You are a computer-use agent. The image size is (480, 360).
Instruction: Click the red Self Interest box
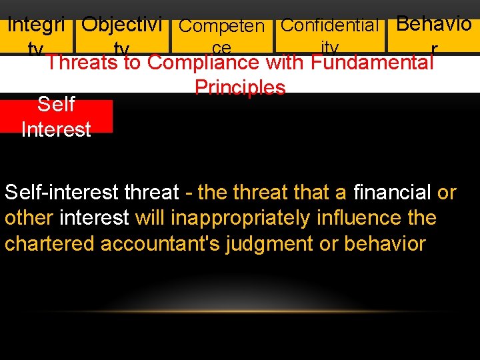point(56,116)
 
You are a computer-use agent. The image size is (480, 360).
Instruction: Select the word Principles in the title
point(240,88)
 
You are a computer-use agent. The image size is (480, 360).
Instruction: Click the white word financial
point(392,193)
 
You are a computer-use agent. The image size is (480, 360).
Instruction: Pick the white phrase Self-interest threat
point(91,193)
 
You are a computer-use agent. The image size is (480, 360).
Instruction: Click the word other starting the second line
point(29,218)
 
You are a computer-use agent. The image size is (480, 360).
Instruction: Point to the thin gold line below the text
point(240,311)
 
